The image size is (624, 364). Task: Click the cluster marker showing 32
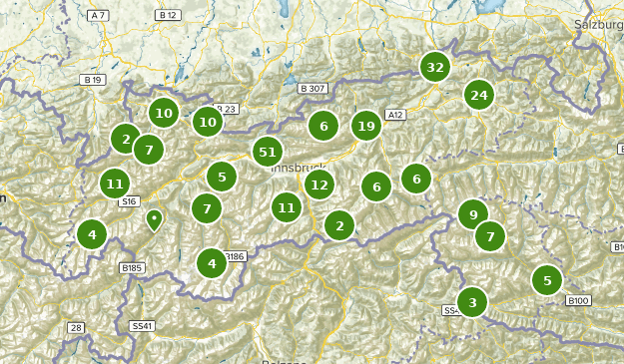434,68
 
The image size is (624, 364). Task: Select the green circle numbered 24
479,95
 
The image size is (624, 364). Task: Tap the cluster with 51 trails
267,152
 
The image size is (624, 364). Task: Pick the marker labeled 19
366,126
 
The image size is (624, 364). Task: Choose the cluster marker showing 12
319,183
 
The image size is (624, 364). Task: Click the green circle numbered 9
472,212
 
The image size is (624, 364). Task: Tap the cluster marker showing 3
472,301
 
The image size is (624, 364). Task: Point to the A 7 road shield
98,16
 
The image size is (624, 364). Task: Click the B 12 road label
168,16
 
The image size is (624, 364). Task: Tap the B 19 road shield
94,79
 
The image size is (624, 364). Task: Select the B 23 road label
228,109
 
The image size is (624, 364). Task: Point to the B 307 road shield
312,89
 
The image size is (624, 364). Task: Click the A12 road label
394,116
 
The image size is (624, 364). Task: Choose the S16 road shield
128,201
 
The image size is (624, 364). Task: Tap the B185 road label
132,268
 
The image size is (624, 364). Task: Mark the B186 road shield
234,256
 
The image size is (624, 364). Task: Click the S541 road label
142,326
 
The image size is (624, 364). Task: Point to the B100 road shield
578,300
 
